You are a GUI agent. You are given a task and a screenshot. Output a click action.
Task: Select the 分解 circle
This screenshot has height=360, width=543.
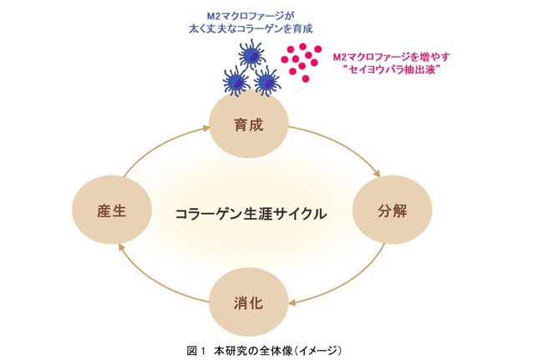(x=393, y=210)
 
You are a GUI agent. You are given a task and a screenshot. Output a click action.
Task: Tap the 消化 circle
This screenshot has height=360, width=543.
(x=249, y=302)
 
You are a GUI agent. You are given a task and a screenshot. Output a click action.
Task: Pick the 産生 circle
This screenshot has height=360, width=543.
(x=112, y=210)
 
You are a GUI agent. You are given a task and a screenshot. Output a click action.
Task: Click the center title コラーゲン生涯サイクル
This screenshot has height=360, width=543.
(x=251, y=214)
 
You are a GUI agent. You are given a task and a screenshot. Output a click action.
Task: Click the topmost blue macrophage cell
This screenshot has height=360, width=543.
(x=251, y=54)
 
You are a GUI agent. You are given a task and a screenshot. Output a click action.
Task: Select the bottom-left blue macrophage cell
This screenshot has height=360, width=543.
(x=236, y=81)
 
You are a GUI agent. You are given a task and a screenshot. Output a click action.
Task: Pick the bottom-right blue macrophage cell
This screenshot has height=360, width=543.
(x=266, y=81)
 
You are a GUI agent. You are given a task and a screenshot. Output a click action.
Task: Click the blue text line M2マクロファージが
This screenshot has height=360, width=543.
(x=251, y=16)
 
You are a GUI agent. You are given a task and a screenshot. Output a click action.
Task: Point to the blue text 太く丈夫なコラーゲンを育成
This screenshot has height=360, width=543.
(x=251, y=28)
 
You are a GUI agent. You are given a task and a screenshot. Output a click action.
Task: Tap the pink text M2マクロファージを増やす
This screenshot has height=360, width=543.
(x=391, y=57)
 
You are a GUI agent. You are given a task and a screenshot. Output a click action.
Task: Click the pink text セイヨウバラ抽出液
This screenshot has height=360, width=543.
(x=393, y=69)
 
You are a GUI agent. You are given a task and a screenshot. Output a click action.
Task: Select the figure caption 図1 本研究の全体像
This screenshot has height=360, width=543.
(x=264, y=351)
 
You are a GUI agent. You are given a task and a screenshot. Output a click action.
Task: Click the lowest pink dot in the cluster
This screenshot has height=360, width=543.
(x=306, y=79)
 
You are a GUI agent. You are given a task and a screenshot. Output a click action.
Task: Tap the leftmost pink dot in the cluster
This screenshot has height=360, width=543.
(x=285, y=59)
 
